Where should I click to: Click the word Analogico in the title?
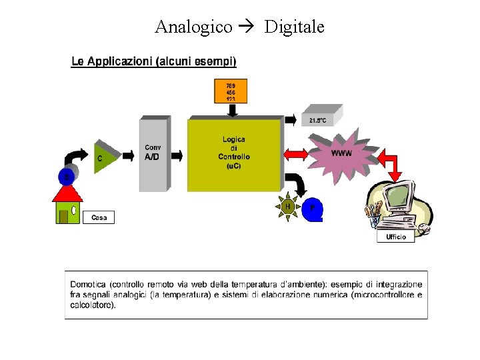193,27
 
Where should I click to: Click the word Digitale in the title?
294,27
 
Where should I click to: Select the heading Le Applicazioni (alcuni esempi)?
153,61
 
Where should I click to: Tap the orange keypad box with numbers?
231,91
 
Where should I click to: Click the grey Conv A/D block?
153,155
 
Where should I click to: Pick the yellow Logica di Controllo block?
234,154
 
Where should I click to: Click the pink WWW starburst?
341,154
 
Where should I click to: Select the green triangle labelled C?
104,157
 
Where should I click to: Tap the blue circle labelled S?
66,176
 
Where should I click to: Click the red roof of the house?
67,194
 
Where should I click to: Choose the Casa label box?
99,217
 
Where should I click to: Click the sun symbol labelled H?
288,207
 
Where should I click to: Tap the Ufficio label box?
396,237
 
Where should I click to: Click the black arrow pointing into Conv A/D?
177,155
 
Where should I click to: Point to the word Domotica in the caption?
88,285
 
